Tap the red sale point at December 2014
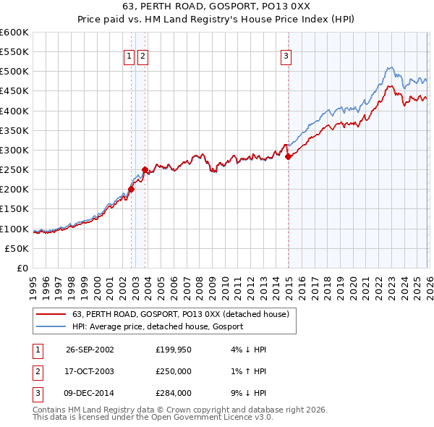coord(288,156)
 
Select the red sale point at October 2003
coord(145,170)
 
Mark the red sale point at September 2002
coord(131,190)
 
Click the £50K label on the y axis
coord(17,248)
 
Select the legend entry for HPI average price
coord(157,326)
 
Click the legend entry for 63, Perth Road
coord(180,314)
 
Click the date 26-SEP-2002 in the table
coord(90,349)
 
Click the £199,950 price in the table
coord(173,349)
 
